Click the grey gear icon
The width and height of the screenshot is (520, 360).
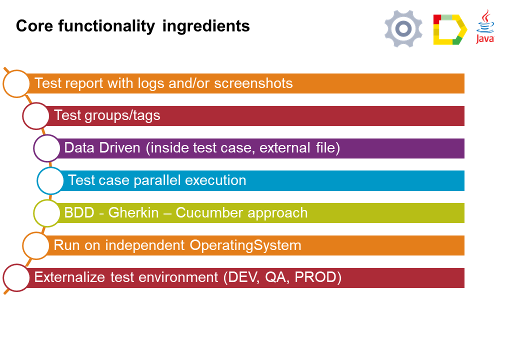(403, 28)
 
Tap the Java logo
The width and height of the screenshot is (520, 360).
(485, 26)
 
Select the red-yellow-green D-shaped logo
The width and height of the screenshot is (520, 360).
(450, 29)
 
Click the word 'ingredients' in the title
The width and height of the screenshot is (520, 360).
(206, 26)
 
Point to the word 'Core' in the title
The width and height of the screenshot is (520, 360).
(34, 26)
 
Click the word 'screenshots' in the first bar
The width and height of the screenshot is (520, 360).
(253, 83)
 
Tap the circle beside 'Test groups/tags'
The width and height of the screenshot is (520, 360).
(36, 116)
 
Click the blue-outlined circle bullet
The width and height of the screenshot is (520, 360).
(50, 180)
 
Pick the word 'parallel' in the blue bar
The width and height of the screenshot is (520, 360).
(157, 180)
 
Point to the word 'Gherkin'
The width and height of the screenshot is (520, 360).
(133, 213)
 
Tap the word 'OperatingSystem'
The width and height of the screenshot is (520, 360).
(245, 245)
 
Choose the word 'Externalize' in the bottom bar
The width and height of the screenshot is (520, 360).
(69, 277)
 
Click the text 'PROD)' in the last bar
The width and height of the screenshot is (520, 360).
(318, 277)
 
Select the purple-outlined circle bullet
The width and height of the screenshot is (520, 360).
(47, 148)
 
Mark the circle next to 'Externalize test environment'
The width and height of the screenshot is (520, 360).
(16, 278)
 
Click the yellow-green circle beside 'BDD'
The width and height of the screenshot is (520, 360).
(47, 213)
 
